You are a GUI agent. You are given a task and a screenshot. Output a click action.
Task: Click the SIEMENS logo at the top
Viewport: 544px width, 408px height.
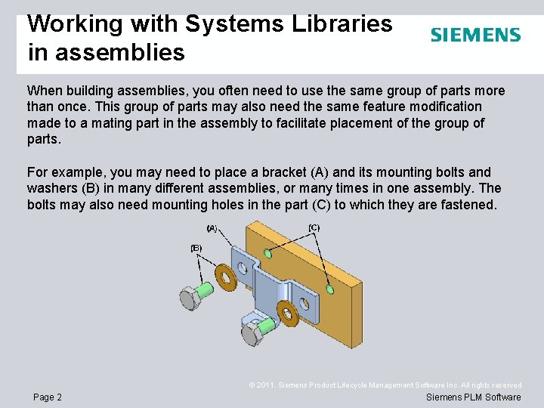[475, 35]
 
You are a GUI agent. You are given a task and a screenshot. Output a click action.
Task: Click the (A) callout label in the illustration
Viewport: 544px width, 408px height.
[212, 227]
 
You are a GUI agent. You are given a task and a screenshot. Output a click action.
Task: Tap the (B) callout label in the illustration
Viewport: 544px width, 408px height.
[196, 247]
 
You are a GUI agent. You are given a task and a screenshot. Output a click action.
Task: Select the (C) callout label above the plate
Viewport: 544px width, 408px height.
[314, 227]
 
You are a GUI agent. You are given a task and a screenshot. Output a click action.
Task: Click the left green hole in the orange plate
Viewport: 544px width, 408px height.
[268, 254]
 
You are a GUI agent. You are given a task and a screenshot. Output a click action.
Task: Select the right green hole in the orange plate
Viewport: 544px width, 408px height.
[329, 289]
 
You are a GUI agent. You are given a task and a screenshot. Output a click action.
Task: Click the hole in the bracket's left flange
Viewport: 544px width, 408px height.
[243, 266]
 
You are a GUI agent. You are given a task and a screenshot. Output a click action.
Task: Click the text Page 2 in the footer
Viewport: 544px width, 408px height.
[48, 397]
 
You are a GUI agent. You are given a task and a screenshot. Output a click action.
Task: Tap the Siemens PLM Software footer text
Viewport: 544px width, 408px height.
[474, 397]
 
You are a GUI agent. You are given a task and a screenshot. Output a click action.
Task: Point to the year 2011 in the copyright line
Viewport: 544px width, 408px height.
[265, 385]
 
